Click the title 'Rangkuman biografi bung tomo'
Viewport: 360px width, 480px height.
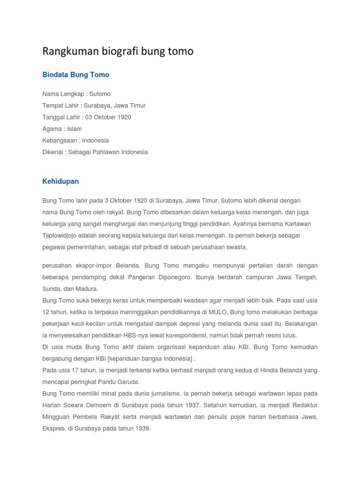tap(118, 51)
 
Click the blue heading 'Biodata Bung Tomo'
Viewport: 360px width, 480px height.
tap(75, 75)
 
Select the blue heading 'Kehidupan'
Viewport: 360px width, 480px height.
tap(60, 181)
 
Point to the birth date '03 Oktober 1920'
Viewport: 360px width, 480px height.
tap(108, 117)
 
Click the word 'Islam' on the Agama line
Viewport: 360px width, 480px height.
tap(74, 128)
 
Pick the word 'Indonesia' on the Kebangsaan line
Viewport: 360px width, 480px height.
tap(95, 140)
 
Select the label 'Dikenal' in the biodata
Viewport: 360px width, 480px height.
tap(53, 152)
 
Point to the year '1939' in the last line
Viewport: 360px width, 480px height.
tap(142, 428)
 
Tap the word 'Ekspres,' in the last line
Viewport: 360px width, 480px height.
tap(54, 428)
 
